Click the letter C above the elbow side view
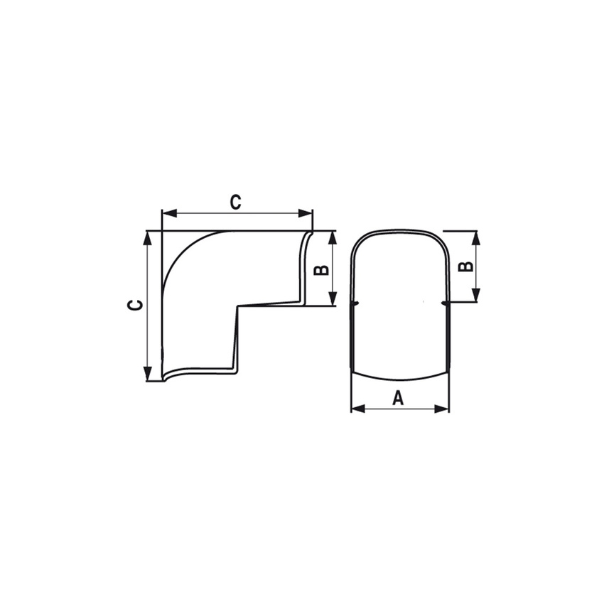pos(235,202)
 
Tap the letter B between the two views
pos(321,269)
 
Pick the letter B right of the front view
pos(465,266)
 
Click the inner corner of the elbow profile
pos(237,306)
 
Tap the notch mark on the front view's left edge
pos(353,304)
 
